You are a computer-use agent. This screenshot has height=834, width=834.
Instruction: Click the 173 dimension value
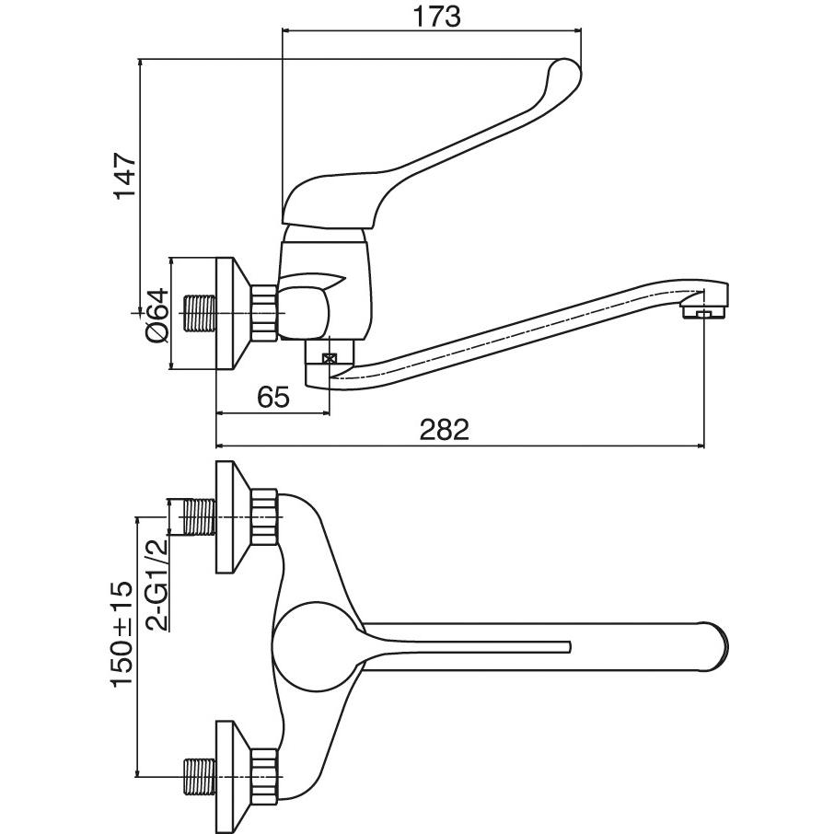coord(436,17)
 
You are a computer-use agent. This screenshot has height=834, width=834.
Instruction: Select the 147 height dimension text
coord(126,177)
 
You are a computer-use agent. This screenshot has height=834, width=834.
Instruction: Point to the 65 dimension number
coord(273,398)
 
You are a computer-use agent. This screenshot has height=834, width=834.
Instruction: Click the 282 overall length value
coord(445,430)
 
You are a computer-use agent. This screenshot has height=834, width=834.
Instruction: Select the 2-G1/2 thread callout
coord(157,584)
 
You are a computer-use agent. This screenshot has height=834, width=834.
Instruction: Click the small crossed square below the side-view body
coord(330,358)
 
